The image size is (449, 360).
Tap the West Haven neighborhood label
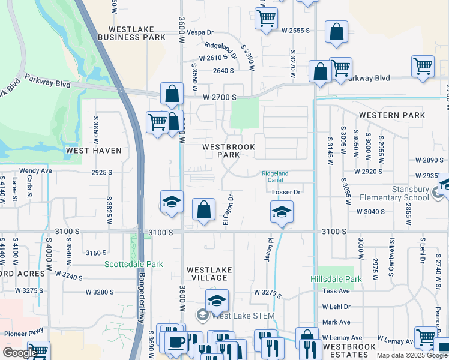(x=94, y=151)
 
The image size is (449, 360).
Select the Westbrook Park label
(x=229, y=151)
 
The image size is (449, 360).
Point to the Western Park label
(x=392, y=115)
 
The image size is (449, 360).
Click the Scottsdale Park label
(x=134, y=264)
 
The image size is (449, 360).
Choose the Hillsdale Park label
(x=336, y=279)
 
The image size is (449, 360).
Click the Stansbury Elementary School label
(x=395, y=193)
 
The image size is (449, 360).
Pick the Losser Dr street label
(x=285, y=192)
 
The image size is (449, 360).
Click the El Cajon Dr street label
(x=228, y=210)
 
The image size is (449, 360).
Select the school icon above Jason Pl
(x=282, y=212)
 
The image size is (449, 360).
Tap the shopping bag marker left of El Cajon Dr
(x=204, y=210)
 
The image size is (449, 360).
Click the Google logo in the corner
(x=20, y=353)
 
